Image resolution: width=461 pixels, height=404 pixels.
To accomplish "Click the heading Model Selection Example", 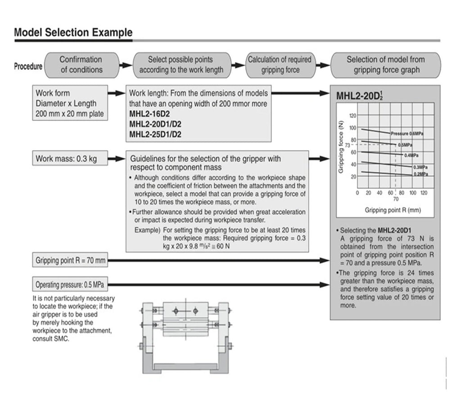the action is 73,32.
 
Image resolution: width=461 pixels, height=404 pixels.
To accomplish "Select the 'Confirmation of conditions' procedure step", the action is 82,65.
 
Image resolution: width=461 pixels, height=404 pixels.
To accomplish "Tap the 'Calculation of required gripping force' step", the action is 280,65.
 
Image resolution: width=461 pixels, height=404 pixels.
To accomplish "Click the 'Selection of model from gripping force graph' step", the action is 386,65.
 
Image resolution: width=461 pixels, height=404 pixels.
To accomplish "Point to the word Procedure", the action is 28,66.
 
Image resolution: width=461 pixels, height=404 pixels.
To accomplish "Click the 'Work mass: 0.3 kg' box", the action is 70,159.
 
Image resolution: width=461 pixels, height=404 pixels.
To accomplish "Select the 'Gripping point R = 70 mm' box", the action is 70,260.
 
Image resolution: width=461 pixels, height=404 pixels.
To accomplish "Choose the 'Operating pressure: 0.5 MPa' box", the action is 70,284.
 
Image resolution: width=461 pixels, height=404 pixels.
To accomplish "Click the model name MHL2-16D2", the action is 149,114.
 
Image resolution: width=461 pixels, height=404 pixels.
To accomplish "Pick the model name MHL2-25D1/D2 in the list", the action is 155,135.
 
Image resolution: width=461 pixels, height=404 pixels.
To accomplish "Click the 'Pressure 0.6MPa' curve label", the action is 407,134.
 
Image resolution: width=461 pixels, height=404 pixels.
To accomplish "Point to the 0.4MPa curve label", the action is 411,155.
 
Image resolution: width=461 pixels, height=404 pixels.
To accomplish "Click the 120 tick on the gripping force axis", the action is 353,116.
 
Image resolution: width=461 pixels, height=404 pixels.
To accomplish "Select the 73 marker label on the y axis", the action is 348,145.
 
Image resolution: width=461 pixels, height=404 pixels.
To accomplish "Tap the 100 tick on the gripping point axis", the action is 413,193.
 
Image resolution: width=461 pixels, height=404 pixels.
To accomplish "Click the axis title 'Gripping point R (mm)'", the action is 393,210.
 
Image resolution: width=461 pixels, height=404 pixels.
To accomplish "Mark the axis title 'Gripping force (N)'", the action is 341,147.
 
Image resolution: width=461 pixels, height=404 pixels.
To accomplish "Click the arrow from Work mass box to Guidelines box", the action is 117,159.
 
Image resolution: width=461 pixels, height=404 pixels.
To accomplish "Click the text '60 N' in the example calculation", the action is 223,246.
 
